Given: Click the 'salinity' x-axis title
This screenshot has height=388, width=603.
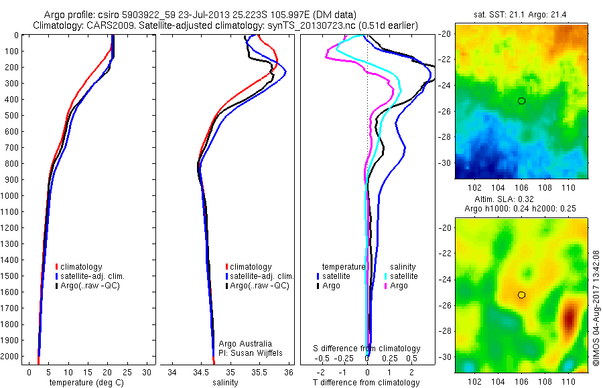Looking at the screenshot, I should (225, 383).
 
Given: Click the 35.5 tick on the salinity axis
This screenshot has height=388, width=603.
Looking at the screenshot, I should (259, 371).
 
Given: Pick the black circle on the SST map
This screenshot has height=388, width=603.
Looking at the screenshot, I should (521, 101).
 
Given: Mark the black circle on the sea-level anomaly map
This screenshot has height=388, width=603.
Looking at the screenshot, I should (521, 295).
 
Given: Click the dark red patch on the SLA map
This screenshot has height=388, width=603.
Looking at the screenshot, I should (570, 318).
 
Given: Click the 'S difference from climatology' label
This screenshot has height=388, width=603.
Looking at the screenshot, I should (367, 349).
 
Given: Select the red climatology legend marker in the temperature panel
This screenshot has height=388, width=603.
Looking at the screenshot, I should (57, 267).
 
